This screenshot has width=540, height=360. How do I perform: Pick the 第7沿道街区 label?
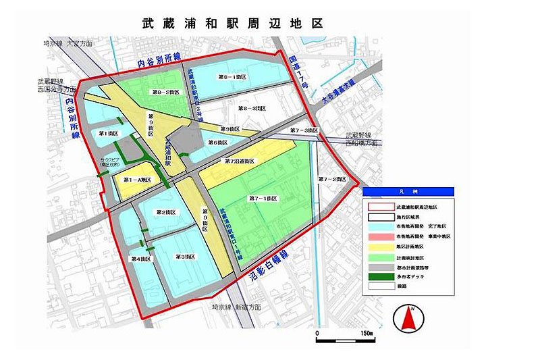coord(240,161)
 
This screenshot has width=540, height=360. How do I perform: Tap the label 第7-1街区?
coord(262,198)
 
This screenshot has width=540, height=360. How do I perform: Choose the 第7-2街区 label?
coord(331,180)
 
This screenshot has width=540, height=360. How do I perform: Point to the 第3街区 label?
coord(186,257)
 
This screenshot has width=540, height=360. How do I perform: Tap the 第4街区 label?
coord(139,259)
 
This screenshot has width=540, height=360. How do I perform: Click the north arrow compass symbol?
coord(408,317)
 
